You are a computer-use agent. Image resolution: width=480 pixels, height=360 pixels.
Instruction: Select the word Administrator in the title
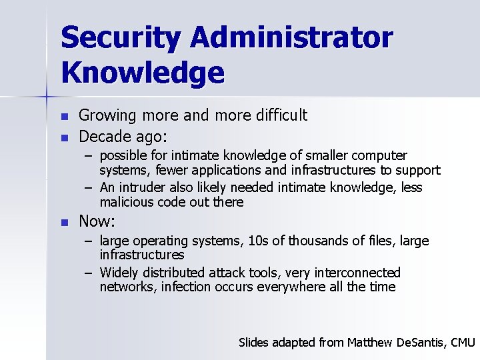click(x=291, y=39)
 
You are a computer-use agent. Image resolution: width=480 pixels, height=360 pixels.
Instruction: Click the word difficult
click(x=281, y=115)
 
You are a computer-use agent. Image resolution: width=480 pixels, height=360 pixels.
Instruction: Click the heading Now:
click(x=97, y=221)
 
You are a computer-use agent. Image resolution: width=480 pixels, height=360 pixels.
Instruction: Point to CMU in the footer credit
click(x=462, y=343)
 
